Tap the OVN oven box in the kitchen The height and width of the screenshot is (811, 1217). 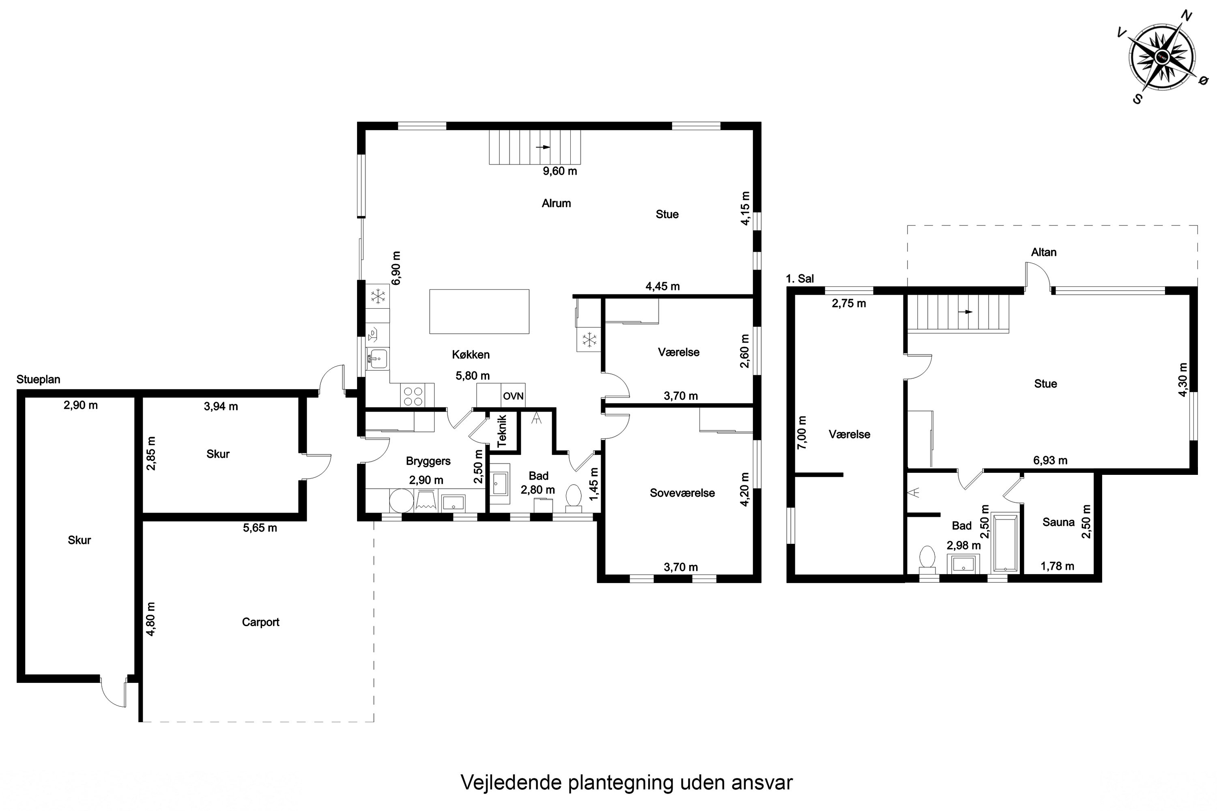pyautogui.click(x=513, y=396)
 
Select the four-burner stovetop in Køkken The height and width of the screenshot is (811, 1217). pyautogui.click(x=413, y=396)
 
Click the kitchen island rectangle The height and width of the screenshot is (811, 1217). pyautogui.click(x=479, y=311)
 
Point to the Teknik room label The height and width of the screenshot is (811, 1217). pyautogui.click(x=502, y=431)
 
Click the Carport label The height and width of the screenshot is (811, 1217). pyautogui.click(x=261, y=622)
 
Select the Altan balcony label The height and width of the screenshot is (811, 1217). pyautogui.click(x=1044, y=252)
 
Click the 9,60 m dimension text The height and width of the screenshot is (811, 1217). pyautogui.click(x=560, y=171)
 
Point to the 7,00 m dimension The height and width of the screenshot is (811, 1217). pyautogui.click(x=802, y=432)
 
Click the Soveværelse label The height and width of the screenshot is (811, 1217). pyautogui.click(x=682, y=493)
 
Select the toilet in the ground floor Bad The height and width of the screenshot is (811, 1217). pyautogui.click(x=573, y=498)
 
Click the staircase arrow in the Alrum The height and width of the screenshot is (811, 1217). pyautogui.click(x=543, y=147)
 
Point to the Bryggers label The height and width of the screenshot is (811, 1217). pyautogui.click(x=428, y=461)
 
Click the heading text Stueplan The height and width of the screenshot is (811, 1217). pyautogui.click(x=38, y=379)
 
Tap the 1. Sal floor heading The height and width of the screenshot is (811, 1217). pyautogui.click(x=800, y=279)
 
